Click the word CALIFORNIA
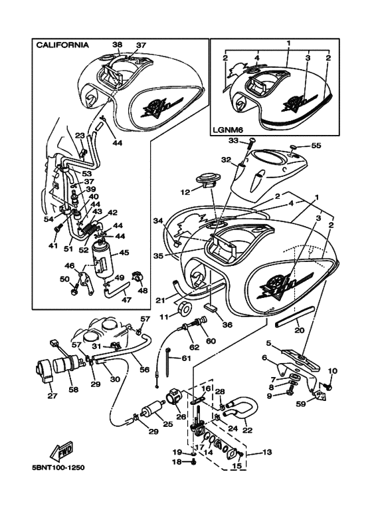point(62,45)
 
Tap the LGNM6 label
point(228,130)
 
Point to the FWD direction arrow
point(61,451)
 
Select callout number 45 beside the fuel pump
point(124,253)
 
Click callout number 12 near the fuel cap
point(185,192)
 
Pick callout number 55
point(316,145)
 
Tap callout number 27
point(52,396)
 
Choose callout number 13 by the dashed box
point(267,452)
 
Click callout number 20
point(300,330)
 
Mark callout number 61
point(186,358)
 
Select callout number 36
point(227,324)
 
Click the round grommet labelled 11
point(186,308)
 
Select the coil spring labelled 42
point(90,227)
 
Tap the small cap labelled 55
point(294,146)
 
